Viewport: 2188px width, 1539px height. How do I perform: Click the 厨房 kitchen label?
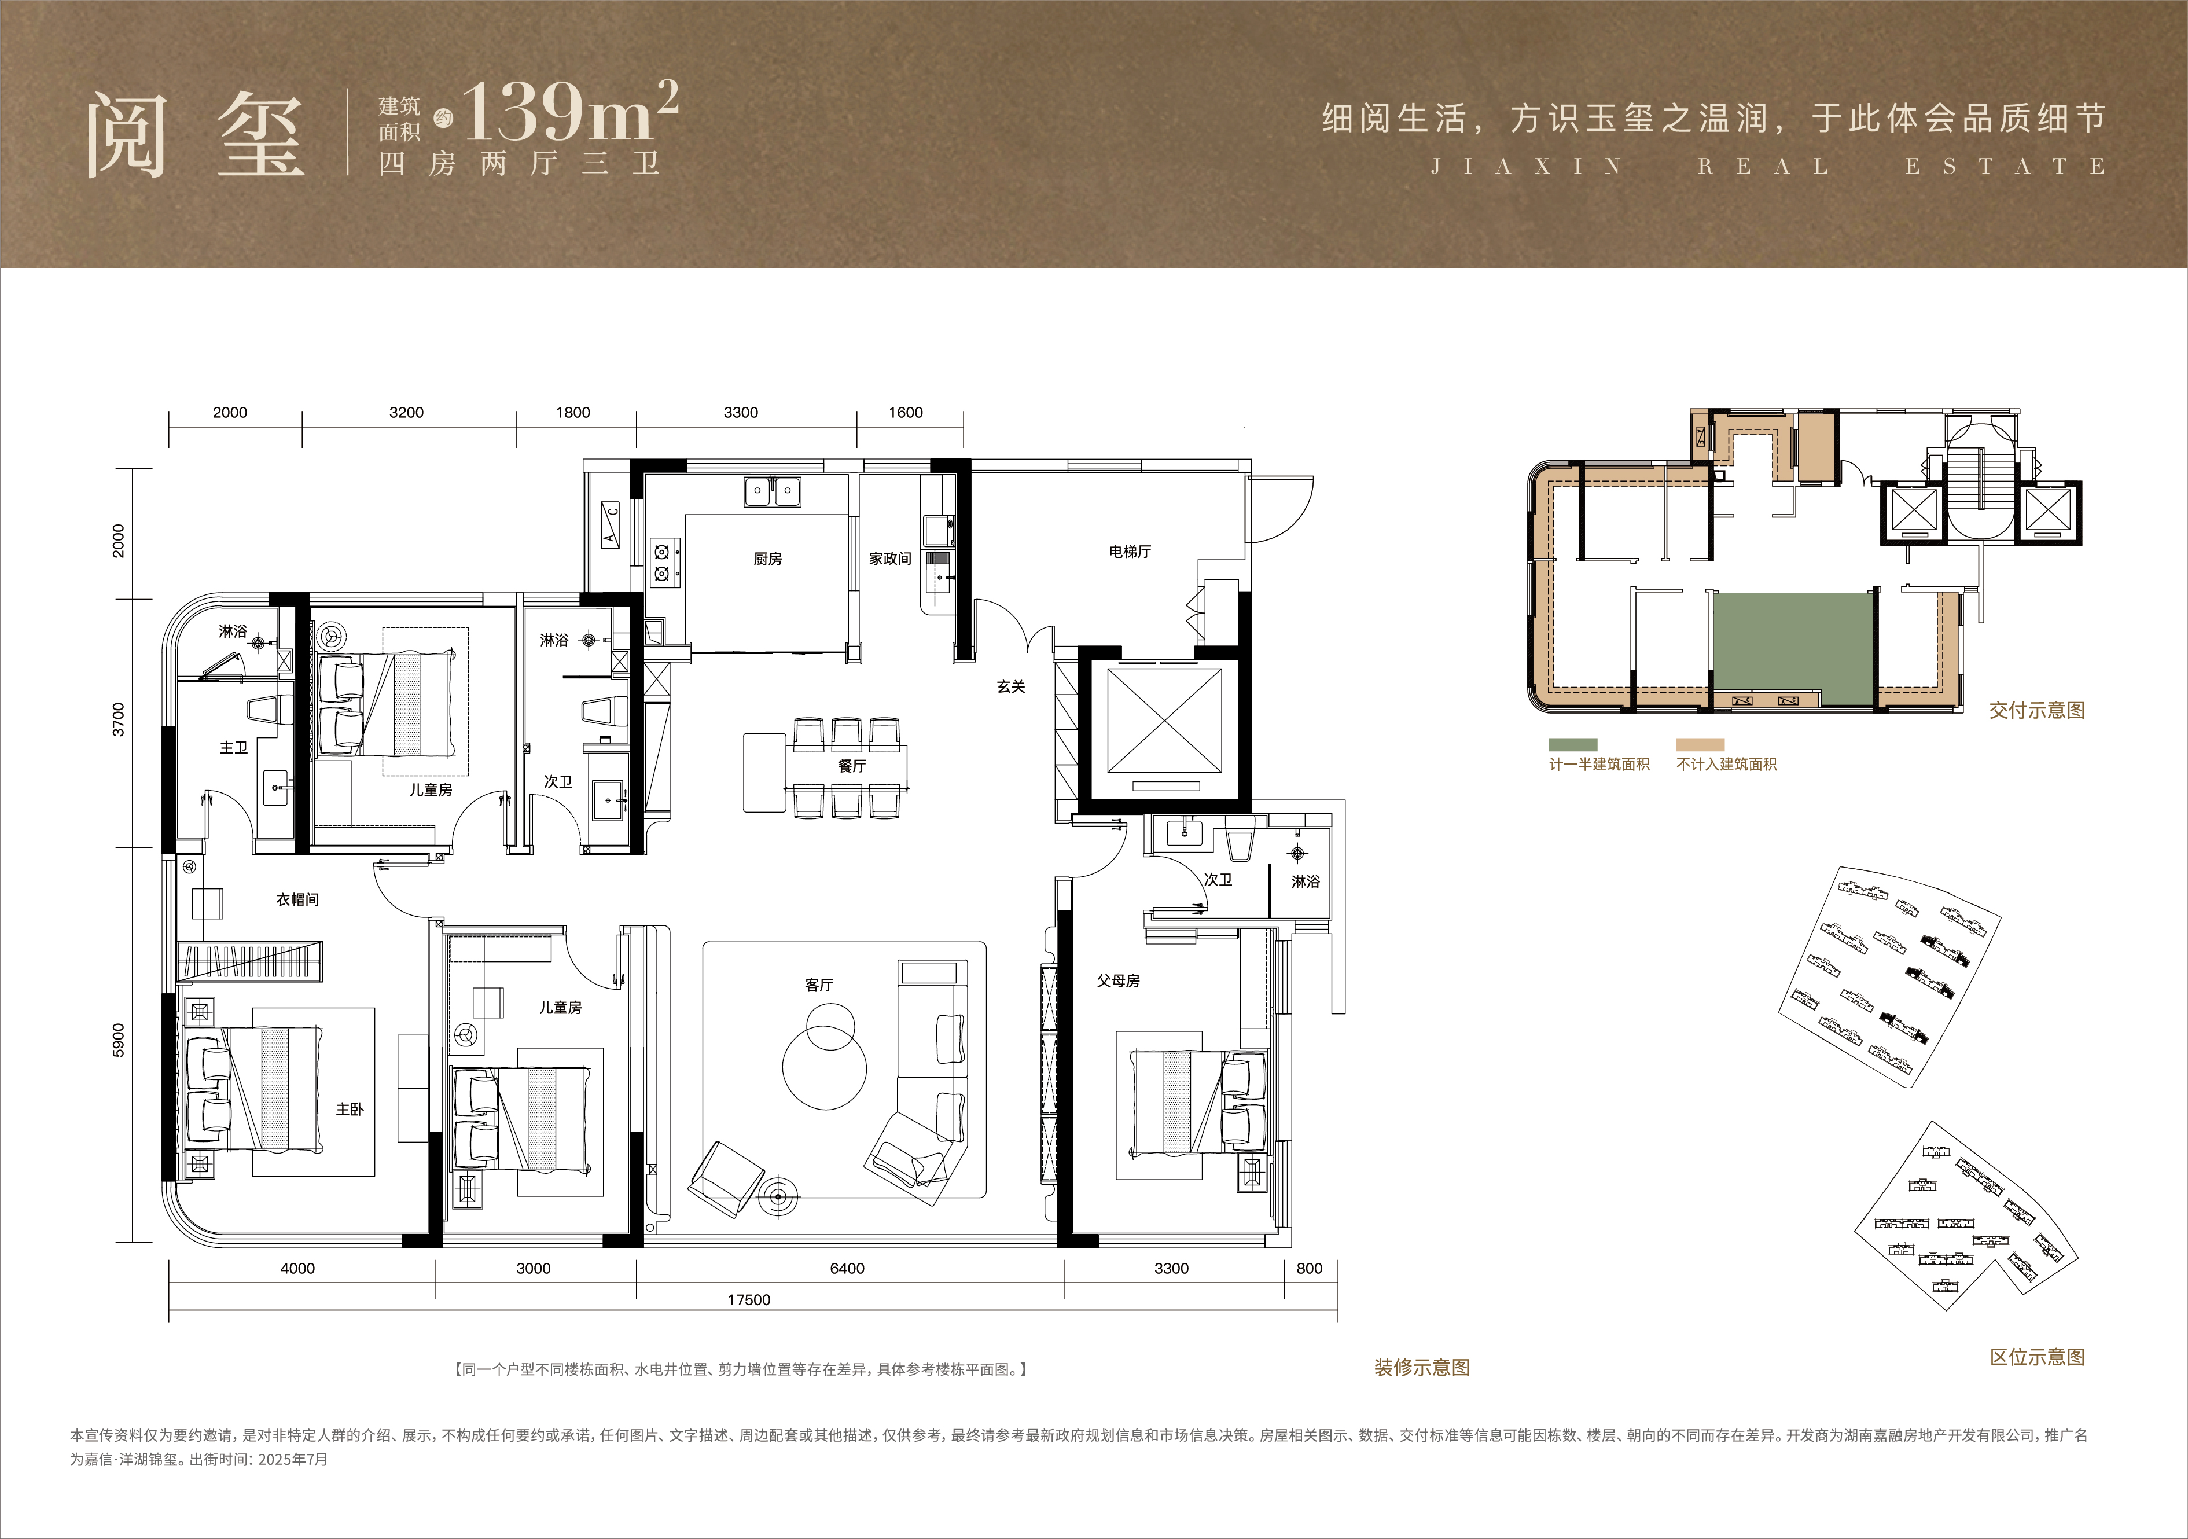pyautogui.click(x=767, y=559)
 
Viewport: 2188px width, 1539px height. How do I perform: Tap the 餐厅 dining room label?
pyautogui.click(x=852, y=765)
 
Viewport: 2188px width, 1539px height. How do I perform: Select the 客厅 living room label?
pyautogui.click(x=819, y=985)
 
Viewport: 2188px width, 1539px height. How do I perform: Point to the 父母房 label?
pyautogui.click(x=1118, y=980)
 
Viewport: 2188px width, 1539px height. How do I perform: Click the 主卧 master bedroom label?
pyautogui.click(x=350, y=1108)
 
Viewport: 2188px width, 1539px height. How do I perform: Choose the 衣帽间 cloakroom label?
pyautogui.click(x=297, y=899)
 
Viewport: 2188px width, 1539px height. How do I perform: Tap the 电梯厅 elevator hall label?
pyautogui.click(x=1130, y=551)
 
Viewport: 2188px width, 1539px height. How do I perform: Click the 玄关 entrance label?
pyautogui.click(x=1011, y=686)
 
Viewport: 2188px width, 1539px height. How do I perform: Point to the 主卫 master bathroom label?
pyautogui.click(x=233, y=748)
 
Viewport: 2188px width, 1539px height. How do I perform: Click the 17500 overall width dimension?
pyautogui.click(x=749, y=1300)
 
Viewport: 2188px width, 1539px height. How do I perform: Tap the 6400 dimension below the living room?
pyautogui.click(x=847, y=1268)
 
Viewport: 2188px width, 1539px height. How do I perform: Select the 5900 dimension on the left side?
pyautogui.click(x=118, y=1040)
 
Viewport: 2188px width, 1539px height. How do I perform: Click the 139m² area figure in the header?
pyautogui.click(x=570, y=112)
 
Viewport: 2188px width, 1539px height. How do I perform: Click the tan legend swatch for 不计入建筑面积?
pyautogui.click(x=1700, y=744)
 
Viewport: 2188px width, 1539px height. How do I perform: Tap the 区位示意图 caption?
pyautogui.click(x=2038, y=1357)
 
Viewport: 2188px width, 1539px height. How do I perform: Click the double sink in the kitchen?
pyautogui.click(x=772, y=492)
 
